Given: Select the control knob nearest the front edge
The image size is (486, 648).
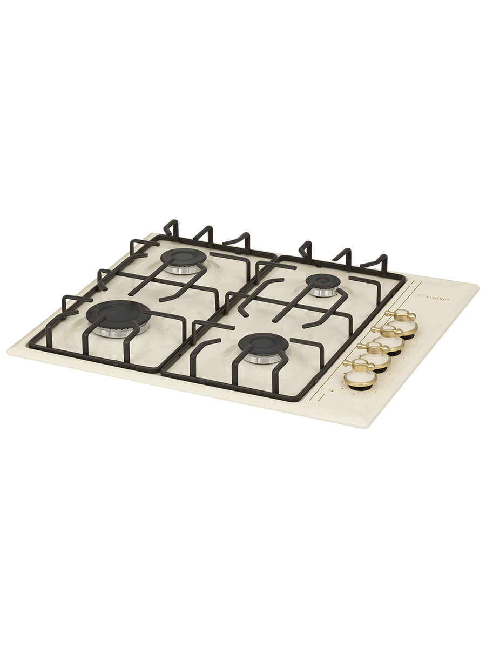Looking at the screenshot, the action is pos(360,373).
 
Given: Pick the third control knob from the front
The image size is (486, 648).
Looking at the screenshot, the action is pos(388,339).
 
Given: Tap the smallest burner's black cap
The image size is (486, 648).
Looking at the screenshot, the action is pos(323,280).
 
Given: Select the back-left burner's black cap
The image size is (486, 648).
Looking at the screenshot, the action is pos(184,258).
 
